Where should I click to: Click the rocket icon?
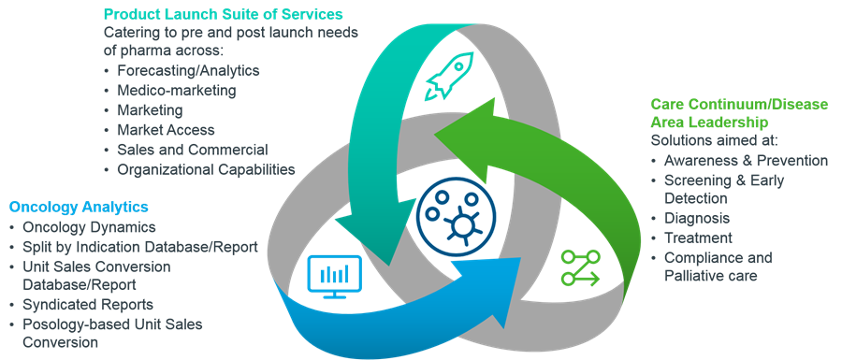(x=449, y=76)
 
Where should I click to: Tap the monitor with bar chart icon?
(x=335, y=277)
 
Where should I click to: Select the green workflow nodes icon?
(x=580, y=267)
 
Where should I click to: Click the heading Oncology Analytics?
(x=79, y=207)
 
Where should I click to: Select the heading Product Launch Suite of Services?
(x=224, y=13)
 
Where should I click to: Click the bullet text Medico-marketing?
(x=177, y=90)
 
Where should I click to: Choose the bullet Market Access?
(x=166, y=130)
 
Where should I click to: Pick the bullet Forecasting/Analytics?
(x=188, y=70)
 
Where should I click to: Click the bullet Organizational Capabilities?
(x=206, y=169)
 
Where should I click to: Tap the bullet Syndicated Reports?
(x=88, y=305)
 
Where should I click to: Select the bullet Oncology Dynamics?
(x=89, y=227)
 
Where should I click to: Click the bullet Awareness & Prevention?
(x=746, y=161)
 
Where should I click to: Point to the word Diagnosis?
(x=697, y=219)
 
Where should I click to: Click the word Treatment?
(x=698, y=238)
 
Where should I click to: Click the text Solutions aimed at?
(x=714, y=140)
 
